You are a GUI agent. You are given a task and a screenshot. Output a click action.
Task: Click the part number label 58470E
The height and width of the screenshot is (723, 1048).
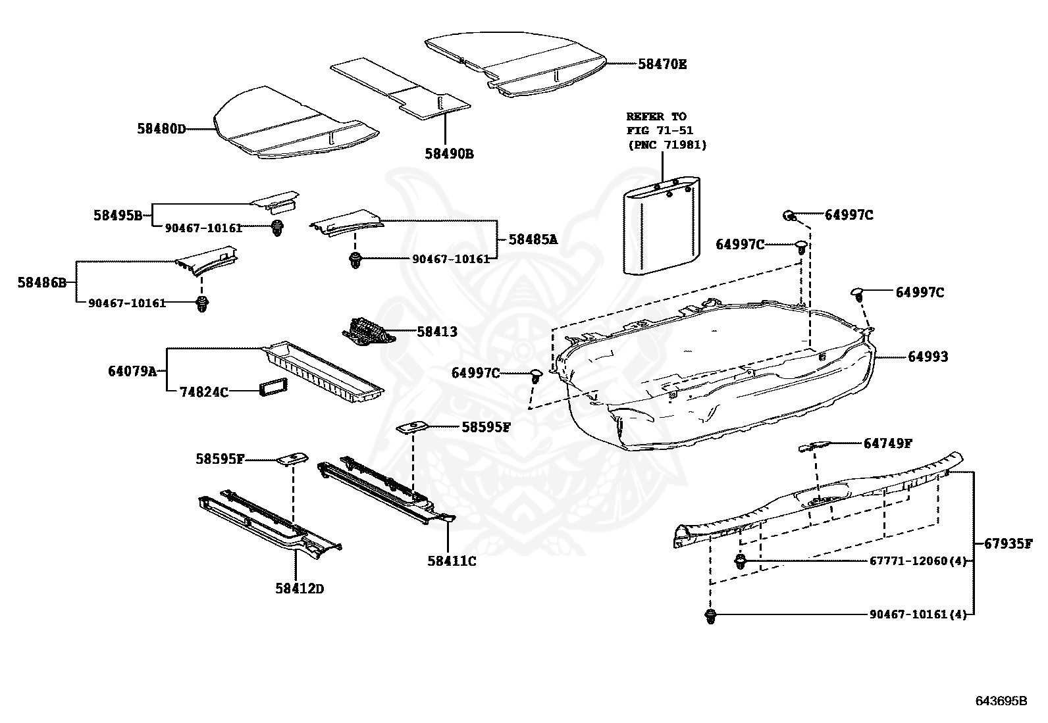pyautogui.click(x=662, y=64)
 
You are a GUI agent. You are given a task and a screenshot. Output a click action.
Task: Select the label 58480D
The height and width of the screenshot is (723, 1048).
pyautogui.click(x=161, y=129)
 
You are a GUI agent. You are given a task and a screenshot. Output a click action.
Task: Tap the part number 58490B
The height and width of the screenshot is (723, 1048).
pyautogui.click(x=449, y=154)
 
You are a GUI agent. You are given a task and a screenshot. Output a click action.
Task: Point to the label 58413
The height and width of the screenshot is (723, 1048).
pyautogui.click(x=436, y=332)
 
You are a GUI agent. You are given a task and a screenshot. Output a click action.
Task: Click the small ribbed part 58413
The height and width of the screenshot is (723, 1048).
pyautogui.click(x=369, y=330)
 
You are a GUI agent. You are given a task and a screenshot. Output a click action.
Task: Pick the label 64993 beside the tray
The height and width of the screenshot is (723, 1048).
pyautogui.click(x=928, y=357)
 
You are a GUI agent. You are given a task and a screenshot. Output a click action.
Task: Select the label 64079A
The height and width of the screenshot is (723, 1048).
pyautogui.click(x=132, y=371)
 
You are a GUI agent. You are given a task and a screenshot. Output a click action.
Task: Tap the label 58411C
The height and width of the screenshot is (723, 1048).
pyautogui.click(x=452, y=561)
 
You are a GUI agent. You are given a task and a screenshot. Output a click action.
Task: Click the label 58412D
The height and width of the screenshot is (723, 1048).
pyautogui.click(x=300, y=588)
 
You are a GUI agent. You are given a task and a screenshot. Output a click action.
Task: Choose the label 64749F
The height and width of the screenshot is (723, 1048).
pyautogui.click(x=887, y=443)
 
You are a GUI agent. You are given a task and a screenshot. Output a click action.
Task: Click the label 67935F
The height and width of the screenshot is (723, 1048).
pyautogui.click(x=1009, y=543)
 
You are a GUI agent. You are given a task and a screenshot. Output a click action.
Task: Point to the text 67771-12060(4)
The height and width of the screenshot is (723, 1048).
pyautogui.click(x=918, y=561)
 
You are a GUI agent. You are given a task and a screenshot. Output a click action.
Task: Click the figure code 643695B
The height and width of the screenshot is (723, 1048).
pyautogui.click(x=1001, y=701)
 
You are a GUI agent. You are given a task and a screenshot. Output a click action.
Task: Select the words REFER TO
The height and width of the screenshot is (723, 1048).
pyautogui.click(x=656, y=116)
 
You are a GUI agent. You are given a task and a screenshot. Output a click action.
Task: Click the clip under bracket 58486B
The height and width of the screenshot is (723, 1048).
pyautogui.click(x=202, y=305)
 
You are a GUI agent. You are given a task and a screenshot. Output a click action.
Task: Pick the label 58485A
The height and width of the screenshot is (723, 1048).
pyautogui.click(x=533, y=239)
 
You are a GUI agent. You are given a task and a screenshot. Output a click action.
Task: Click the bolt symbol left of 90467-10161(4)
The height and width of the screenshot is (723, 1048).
pyautogui.click(x=710, y=616)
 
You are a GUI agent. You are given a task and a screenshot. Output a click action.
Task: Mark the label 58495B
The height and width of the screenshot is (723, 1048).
pyautogui.click(x=117, y=214)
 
